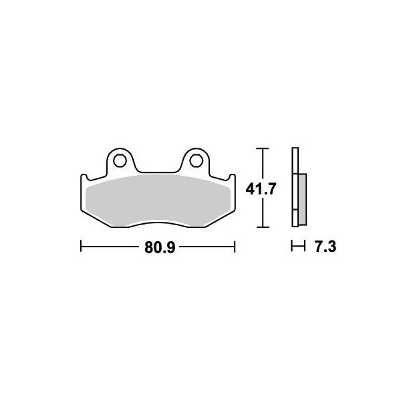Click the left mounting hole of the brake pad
point(120,160)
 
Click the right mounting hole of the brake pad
point(195,160)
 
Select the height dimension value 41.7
point(263,190)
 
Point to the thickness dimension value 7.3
point(324,248)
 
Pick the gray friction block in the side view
point(302,198)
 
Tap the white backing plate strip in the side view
point(295,187)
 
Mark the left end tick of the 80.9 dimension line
point(81,247)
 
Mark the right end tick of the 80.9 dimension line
point(235,247)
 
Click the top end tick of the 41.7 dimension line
point(263,148)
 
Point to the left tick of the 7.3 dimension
point(293,247)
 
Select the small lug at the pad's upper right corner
point(232,178)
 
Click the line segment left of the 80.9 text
point(110,247)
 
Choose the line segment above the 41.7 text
point(263,164)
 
